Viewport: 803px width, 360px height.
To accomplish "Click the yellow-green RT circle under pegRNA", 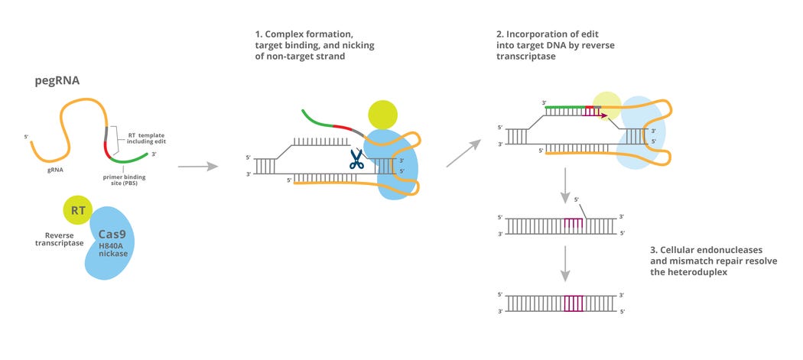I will point(77,210).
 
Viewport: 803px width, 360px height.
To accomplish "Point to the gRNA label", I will point(55,171).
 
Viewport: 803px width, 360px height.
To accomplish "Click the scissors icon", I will point(356,159).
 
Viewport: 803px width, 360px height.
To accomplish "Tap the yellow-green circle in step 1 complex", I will point(382,114).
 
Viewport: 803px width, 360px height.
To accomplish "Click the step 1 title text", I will point(315,47).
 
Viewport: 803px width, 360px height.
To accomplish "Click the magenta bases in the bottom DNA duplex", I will point(573,303).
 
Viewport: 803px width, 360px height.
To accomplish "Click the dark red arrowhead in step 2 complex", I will point(603,115).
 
